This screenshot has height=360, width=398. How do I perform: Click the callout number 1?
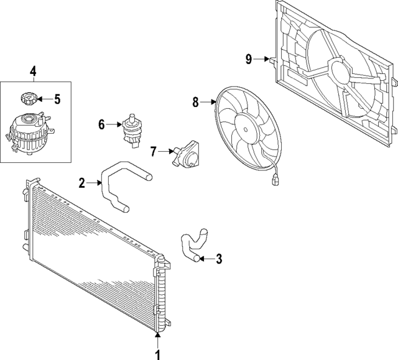157,354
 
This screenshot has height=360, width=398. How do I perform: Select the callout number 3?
218,258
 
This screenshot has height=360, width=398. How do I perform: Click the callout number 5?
57,98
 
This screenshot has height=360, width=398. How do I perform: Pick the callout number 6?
101,124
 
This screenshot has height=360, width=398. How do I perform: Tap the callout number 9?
248,59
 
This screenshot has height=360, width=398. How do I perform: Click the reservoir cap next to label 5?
28,98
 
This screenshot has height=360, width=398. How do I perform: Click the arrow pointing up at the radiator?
157,339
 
